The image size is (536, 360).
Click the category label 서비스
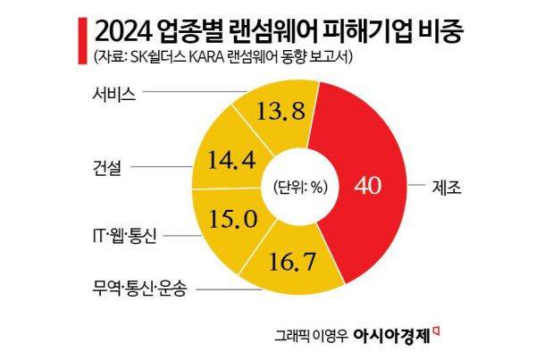tap(113, 91)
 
